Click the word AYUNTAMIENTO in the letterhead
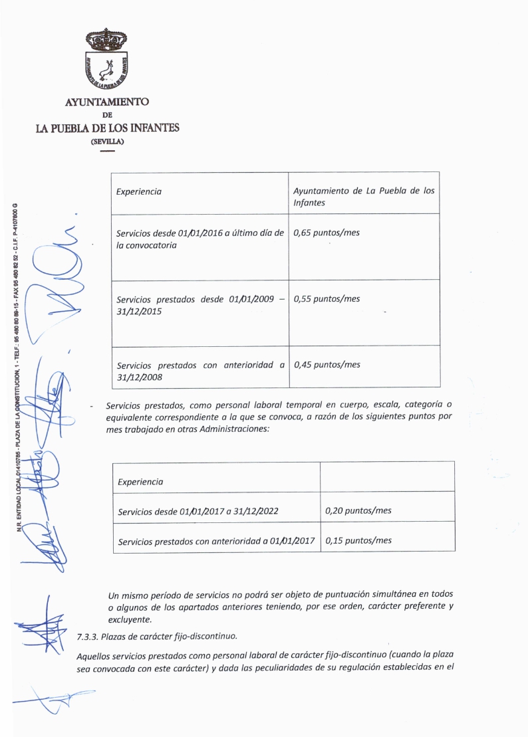[107, 102]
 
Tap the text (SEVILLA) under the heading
[107, 141]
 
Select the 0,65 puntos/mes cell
[327, 233]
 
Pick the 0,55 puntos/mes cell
[327, 299]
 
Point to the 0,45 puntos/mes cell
[327, 365]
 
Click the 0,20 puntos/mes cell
[358, 510]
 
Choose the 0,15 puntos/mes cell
[358, 540]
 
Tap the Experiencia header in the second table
[140, 482]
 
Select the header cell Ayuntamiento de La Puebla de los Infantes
[364, 196]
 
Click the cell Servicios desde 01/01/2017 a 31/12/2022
[198, 512]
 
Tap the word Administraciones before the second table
[233, 429]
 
